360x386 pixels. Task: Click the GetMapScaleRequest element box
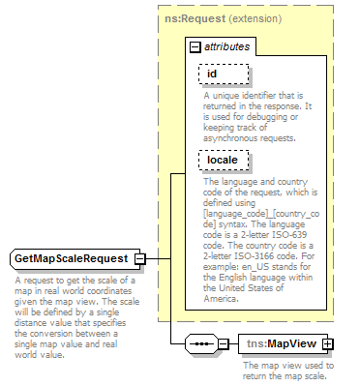click(71, 259)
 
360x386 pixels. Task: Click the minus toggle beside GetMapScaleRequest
click(140, 259)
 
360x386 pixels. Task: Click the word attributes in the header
click(225, 45)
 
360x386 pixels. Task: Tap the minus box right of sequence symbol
click(224, 343)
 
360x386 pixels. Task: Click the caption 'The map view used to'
click(288, 366)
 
